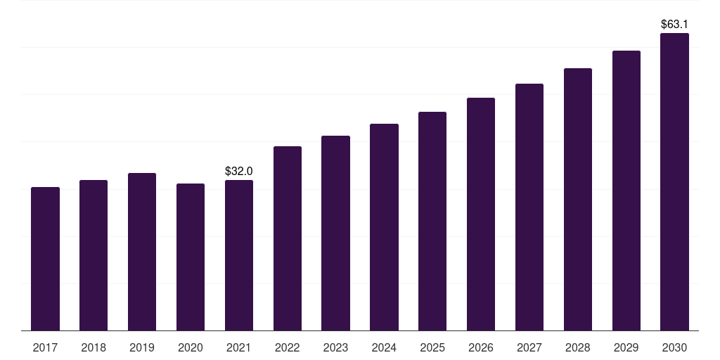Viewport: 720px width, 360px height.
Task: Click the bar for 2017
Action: pyautogui.click(x=45, y=259)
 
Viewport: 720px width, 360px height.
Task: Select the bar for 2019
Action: pyautogui.click(x=142, y=252)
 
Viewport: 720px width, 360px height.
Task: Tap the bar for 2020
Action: pyautogui.click(x=191, y=257)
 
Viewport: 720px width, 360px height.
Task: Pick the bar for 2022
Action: pyautogui.click(x=288, y=238)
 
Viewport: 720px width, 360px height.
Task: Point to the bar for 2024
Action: pyautogui.click(x=384, y=227)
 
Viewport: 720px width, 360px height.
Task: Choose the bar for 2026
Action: pyautogui.click(x=481, y=214)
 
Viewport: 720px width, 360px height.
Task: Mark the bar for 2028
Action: pyautogui.click(x=578, y=199)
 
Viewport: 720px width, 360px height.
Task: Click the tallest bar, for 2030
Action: pyautogui.click(x=674, y=181)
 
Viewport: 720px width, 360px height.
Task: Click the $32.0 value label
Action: pyautogui.click(x=238, y=171)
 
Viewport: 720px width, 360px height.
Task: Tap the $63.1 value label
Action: pyautogui.click(x=674, y=24)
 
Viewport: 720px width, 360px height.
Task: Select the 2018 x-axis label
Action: pyautogui.click(x=94, y=347)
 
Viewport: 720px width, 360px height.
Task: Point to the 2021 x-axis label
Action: pyautogui.click(x=238, y=347)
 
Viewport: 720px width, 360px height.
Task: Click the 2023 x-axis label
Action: pyautogui.click(x=335, y=347)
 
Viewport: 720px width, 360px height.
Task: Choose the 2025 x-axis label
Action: pyautogui.click(x=432, y=347)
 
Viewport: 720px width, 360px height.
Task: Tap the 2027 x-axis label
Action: pyautogui.click(x=529, y=347)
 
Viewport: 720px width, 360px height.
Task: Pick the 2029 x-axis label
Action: pyautogui.click(x=626, y=347)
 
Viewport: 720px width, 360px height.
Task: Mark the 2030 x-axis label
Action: pyautogui.click(x=674, y=347)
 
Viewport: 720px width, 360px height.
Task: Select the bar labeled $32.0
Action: pyautogui.click(x=239, y=255)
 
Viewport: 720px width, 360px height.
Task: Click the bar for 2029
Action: pyautogui.click(x=626, y=191)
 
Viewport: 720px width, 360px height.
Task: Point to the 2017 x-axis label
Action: pyautogui.click(x=45, y=347)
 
